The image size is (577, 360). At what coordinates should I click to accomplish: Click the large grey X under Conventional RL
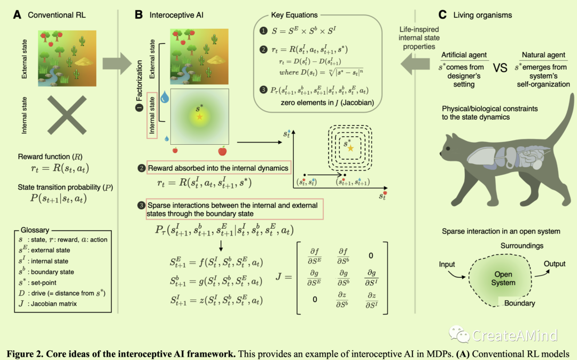[67, 114]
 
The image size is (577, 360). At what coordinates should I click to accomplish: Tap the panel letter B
[138, 15]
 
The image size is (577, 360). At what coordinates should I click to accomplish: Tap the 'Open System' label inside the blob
[503, 278]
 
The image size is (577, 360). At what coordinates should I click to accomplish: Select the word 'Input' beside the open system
[447, 264]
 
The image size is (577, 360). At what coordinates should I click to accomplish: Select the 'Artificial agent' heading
[464, 55]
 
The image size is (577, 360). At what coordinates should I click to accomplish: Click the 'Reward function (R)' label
[49, 156]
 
